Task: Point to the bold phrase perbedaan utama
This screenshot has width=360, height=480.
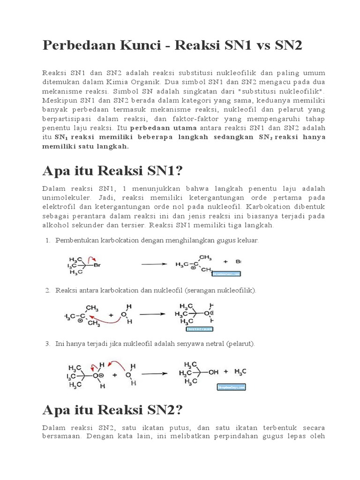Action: click(159, 127)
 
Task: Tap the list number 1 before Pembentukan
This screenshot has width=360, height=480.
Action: click(47, 240)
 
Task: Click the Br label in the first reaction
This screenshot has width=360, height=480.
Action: click(98, 265)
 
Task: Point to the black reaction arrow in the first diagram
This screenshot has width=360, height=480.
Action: click(155, 264)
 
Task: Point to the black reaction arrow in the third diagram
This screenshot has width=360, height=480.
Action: click(155, 374)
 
